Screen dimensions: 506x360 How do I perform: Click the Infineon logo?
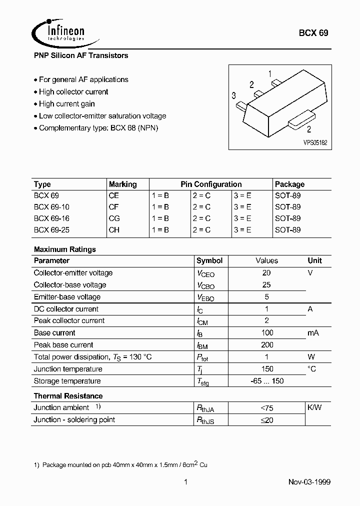pyautogui.click(x=59, y=31)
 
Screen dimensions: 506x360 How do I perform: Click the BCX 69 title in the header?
pyautogui.click(x=313, y=33)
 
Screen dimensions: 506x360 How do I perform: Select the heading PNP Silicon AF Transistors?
pyautogui.click(x=81, y=55)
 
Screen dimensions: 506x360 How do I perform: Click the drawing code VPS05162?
pyautogui.click(x=315, y=142)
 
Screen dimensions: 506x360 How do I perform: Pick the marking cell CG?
pyautogui.click(x=114, y=218)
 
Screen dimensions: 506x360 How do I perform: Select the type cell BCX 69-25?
pyautogui.click(x=51, y=230)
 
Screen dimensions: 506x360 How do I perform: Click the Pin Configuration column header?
pyautogui.click(x=211, y=184)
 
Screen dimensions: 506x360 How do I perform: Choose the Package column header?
pyautogui.click(x=289, y=184)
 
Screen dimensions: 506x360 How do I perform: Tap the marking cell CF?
pyautogui.click(x=114, y=206)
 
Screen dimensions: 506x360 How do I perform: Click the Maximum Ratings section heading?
pyautogui.click(x=64, y=249)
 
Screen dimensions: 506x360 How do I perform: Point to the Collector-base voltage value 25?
pyautogui.click(x=266, y=284)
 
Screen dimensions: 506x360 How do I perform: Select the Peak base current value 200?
pyautogui.click(x=267, y=344)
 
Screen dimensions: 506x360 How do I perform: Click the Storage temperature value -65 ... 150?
pyautogui.click(x=267, y=381)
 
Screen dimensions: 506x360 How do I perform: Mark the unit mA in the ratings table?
pyautogui.click(x=313, y=333)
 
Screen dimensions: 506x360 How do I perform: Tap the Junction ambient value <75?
pyautogui.click(x=267, y=408)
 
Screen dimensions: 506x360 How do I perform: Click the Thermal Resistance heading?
pyautogui.click(x=68, y=396)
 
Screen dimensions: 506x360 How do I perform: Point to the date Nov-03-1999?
pyautogui.click(x=309, y=482)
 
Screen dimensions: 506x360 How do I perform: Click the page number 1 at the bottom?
pyautogui.click(x=185, y=482)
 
